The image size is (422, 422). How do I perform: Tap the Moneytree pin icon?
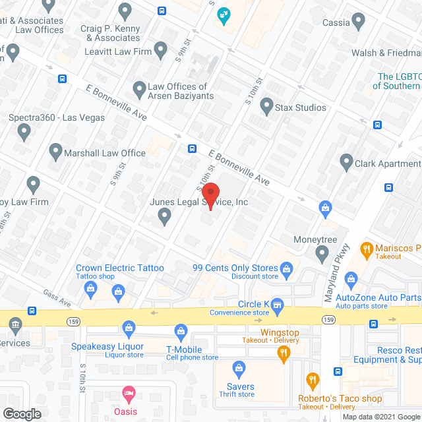322,252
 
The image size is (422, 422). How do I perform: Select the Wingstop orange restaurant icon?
284,353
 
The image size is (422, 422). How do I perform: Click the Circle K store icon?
278,304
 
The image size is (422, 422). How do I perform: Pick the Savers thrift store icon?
240,368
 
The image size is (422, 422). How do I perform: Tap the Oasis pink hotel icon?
129,394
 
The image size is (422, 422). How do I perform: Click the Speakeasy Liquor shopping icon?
129,328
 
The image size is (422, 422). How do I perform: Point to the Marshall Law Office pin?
55,152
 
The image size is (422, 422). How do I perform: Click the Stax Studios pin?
266,105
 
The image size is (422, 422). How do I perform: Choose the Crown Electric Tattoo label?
120,268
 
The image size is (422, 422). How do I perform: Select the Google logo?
22,413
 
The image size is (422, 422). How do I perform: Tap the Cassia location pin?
359,21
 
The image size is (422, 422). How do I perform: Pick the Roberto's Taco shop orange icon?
313,380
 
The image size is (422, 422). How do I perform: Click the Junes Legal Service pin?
165,218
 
